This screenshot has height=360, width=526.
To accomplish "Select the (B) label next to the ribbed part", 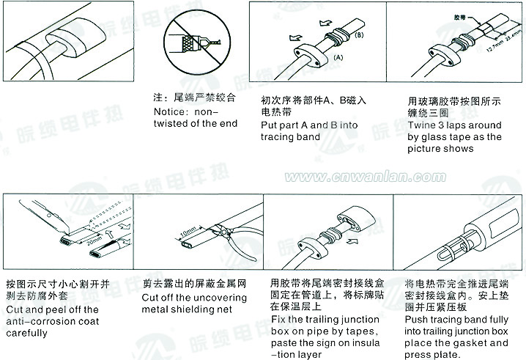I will pos(360,34).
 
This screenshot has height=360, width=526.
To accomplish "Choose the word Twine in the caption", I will pos(421,125).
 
